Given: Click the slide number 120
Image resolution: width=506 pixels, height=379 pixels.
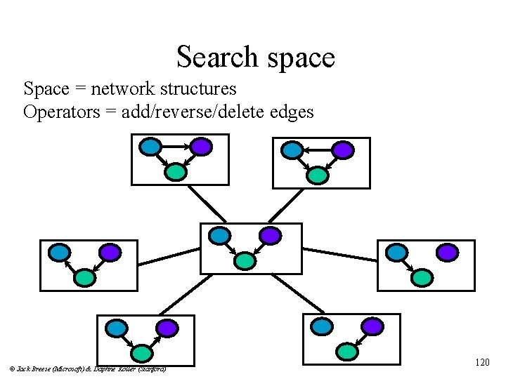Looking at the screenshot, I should click(482, 363).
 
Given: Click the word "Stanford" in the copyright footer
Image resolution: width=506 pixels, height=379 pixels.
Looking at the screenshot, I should click(151, 368).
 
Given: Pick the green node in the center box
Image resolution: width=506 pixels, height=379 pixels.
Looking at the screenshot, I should click(245, 260).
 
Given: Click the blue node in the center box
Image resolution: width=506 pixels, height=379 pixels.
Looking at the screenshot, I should click(221, 236).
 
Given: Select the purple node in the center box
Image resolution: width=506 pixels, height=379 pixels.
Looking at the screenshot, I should click(269, 236).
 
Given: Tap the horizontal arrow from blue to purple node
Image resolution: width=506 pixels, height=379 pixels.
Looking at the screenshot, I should click(175, 146).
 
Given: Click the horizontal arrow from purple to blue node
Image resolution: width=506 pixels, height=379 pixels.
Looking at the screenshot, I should click(317, 149).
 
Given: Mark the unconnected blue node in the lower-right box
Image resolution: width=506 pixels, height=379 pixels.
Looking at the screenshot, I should click(321, 326).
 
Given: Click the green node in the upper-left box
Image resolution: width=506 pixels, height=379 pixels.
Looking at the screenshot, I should click(176, 171).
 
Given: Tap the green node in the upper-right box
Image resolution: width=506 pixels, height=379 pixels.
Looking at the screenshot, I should click(318, 174).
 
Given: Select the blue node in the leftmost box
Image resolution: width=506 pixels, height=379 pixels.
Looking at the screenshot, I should click(58, 252).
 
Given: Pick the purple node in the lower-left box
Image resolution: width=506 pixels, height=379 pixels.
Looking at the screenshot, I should click(166, 327).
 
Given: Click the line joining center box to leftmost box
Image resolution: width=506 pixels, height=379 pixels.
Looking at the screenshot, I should click(169, 256).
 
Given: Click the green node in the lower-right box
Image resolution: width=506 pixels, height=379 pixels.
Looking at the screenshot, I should click(346, 350).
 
